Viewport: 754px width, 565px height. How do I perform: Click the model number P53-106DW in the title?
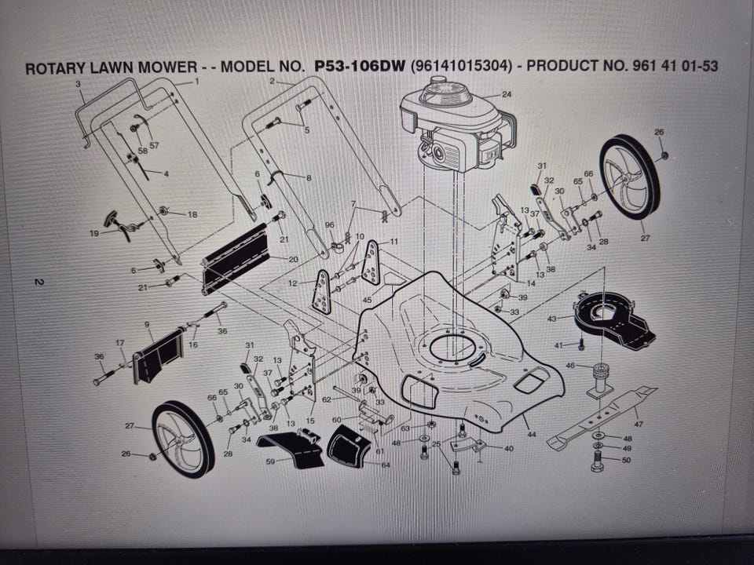click(x=360, y=65)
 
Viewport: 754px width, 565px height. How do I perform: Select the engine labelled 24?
click(x=457, y=126)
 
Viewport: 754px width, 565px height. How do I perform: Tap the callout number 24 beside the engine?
click(x=507, y=94)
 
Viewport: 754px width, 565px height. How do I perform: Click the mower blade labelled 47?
click(x=602, y=417)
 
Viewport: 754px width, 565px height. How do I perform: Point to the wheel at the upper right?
click(x=630, y=177)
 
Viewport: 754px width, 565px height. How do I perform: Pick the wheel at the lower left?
click(x=183, y=439)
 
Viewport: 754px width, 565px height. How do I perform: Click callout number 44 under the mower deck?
click(x=531, y=434)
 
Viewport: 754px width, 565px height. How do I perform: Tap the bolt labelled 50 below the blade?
click(x=597, y=463)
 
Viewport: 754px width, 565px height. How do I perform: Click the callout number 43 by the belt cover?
click(x=552, y=319)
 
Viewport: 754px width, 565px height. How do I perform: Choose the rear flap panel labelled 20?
click(x=235, y=260)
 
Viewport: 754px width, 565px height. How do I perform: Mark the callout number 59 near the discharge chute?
click(x=271, y=461)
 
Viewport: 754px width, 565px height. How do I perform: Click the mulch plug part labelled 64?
click(x=350, y=446)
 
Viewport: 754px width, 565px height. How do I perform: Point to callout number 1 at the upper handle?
click(x=196, y=82)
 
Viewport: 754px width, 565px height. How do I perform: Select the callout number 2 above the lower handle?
click(x=273, y=81)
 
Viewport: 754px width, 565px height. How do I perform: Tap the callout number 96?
click(x=329, y=225)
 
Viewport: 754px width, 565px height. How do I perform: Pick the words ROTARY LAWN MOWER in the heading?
click(x=111, y=67)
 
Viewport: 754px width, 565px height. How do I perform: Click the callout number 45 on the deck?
click(x=367, y=301)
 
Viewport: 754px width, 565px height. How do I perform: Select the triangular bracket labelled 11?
click(x=371, y=263)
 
